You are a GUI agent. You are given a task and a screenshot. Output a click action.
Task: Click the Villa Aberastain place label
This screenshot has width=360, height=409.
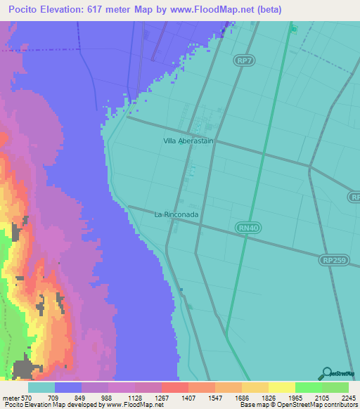[188, 141]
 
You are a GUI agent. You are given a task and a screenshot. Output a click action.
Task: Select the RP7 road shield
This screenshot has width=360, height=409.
[244, 61]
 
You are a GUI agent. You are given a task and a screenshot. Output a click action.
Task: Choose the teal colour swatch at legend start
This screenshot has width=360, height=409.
[41, 387]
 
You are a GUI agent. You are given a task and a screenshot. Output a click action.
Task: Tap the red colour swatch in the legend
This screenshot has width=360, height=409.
[174, 387]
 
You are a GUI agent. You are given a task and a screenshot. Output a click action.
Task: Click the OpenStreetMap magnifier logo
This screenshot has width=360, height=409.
[326, 373]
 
